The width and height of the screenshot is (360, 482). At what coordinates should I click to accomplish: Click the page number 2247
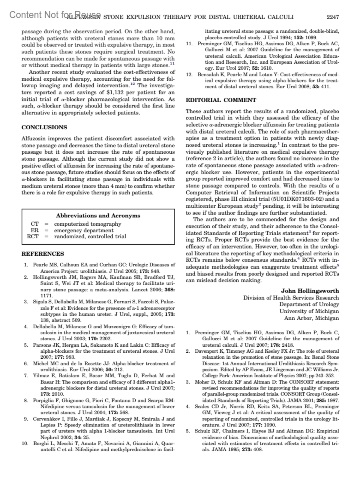[x=332, y=17]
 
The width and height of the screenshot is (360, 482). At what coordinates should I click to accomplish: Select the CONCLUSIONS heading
[x=44, y=127]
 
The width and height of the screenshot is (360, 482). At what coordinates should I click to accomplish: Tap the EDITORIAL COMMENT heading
[x=221, y=100]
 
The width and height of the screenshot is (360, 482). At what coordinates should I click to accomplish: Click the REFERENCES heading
[x=43, y=254]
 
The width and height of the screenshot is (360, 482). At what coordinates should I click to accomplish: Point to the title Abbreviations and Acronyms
[x=98, y=215]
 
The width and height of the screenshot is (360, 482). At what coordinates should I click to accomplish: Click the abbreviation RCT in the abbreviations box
[x=33, y=236]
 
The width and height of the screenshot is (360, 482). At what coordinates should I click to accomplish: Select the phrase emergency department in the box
[x=84, y=230]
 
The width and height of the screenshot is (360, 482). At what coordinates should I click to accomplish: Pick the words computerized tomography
[x=88, y=224]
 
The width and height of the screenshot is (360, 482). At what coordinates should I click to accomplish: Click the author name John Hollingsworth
[x=310, y=291]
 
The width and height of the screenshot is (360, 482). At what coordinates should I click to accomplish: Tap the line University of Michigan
[x=309, y=311]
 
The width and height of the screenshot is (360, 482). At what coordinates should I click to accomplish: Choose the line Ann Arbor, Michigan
[x=311, y=318]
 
